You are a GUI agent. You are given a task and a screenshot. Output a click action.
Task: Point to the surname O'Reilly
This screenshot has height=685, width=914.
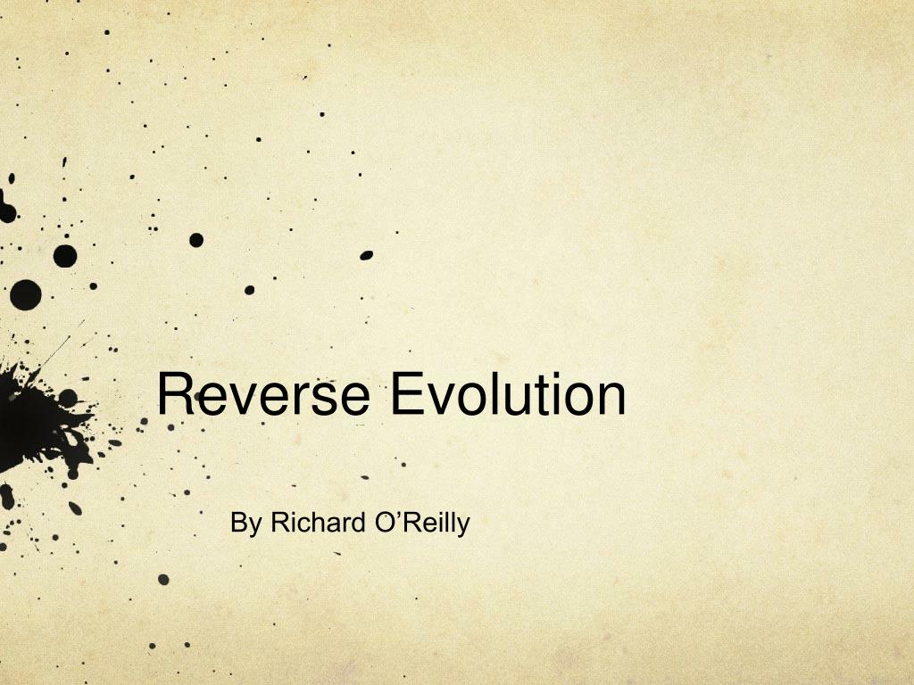pyautogui.click(x=420, y=523)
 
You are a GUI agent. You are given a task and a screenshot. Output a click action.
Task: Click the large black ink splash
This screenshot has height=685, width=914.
pyautogui.click(x=36, y=415)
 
